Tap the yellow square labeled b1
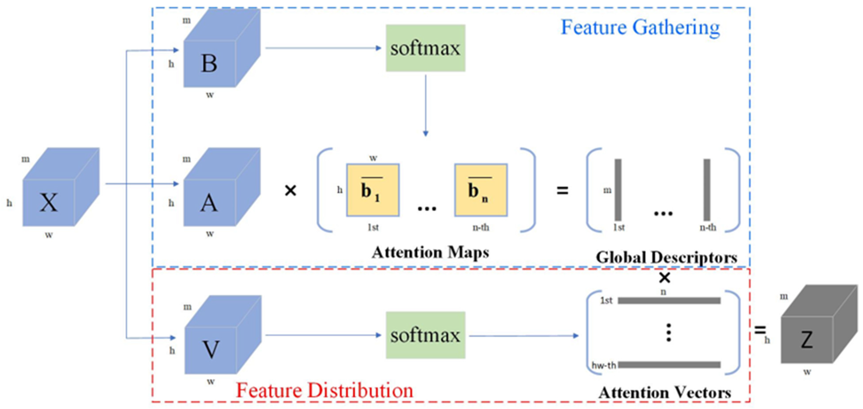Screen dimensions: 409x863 click(x=373, y=190)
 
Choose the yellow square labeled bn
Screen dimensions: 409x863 click(x=481, y=190)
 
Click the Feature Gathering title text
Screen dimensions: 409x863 click(x=640, y=28)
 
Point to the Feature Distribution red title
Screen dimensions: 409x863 click(x=324, y=390)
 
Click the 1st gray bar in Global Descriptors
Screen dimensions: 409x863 click(x=618, y=190)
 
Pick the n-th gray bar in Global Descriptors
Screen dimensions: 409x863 click(x=707, y=190)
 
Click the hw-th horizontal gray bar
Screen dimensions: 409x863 click(x=669, y=365)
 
